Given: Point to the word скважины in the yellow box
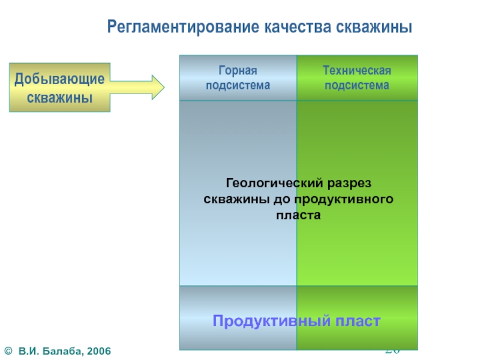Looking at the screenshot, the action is (x=59, y=96).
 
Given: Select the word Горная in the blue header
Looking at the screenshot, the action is (x=238, y=71).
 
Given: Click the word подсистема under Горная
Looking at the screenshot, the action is (x=238, y=85).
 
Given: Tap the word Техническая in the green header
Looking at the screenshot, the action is (x=357, y=71).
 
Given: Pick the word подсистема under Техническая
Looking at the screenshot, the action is (x=357, y=85).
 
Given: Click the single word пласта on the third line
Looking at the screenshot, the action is (x=298, y=214).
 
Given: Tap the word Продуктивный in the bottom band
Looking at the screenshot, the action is (x=268, y=321).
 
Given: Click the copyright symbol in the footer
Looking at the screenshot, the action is (x=8, y=349).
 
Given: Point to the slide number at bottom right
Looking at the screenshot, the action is (x=392, y=350).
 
